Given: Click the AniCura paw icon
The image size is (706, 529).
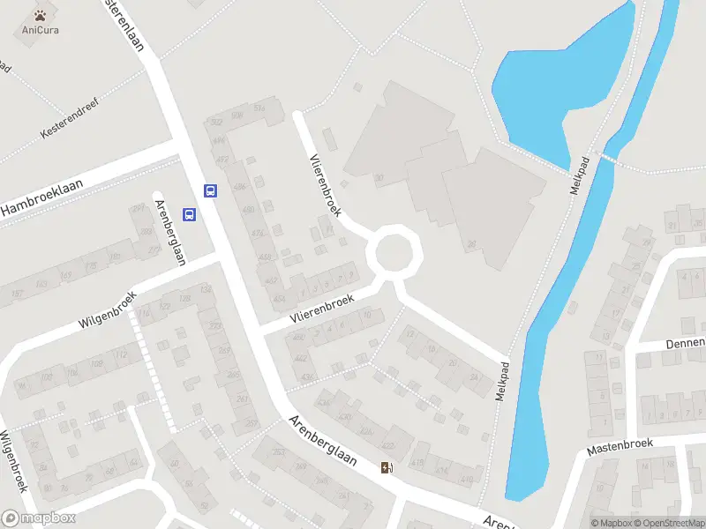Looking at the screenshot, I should pos(40,15).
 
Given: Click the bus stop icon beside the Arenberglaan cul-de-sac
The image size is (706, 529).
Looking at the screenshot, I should pos(188,214).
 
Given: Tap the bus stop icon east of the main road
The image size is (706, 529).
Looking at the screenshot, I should pos(211,190).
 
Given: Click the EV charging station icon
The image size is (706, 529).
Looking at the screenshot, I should pos(386,466).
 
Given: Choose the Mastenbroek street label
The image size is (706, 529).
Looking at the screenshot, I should pos(620,445).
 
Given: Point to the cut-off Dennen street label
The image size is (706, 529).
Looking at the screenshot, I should pos(685,343).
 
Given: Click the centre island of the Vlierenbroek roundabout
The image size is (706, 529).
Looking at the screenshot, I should pos(394,252).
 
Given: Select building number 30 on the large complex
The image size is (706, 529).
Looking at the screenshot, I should pos(379,179).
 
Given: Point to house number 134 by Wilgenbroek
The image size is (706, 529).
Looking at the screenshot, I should pos(207,290).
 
